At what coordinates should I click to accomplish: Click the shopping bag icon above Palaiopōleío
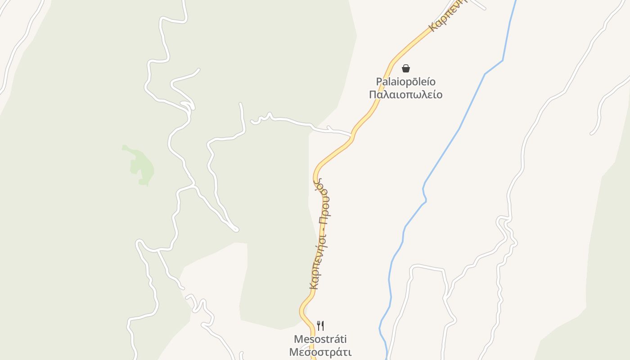(x=406, y=68)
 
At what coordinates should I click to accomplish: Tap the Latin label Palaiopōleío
(x=406, y=82)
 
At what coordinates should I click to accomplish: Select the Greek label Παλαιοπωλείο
(x=406, y=94)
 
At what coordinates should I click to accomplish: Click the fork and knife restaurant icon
(x=320, y=325)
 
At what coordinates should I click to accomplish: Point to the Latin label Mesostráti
(x=320, y=339)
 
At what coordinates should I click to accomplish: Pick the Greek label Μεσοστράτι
(x=320, y=352)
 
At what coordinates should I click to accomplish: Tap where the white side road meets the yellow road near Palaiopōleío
(x=351, y=135)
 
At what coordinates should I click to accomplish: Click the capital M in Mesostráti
(x=298, y=339)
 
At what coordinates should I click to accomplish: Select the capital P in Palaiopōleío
(x=379, y=82)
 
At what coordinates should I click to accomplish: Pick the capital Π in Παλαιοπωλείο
(x=373, y=94)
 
